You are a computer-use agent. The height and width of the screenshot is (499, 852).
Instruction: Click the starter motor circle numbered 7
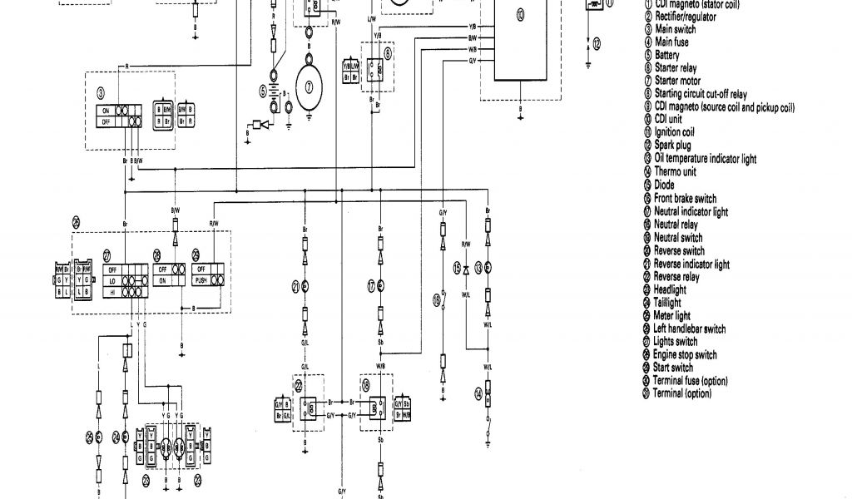click(x=310, y=86)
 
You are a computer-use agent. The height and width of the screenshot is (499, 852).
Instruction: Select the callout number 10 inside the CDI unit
click(x=520, y=14)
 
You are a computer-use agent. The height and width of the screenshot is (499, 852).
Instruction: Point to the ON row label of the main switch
click(x=105, y=110)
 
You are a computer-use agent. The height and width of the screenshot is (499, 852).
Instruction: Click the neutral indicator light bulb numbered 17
click(x=381, y=286)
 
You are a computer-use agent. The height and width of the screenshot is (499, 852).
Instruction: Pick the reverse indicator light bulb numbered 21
click(x=305, y=286)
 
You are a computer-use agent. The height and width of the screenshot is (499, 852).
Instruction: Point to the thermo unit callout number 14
click(x=478, y=393)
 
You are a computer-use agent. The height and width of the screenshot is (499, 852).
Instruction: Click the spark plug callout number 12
click(x=595, y=42)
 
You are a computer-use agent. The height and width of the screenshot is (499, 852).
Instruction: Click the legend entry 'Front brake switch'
click(x=685, y=198)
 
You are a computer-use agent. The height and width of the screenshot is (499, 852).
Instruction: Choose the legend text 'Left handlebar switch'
click(x=690, y=329)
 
